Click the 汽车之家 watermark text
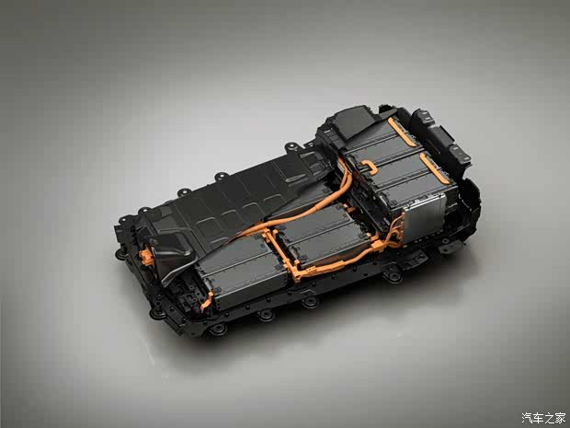[543, 418]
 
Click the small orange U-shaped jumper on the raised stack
[370, 168]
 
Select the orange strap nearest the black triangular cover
[402, 132]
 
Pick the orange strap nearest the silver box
[434, 168]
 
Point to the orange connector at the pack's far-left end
[146, 256]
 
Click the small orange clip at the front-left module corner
[207, 301]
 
